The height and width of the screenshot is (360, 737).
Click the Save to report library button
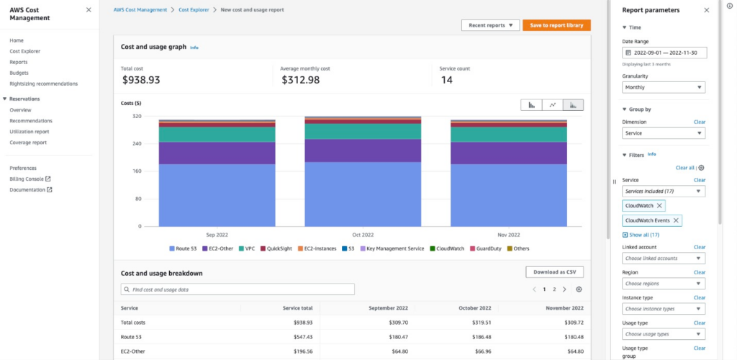[x=556, y=25]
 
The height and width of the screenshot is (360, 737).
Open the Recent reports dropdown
[x=490, y=25]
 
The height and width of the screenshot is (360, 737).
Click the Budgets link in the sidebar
[x=19, y=73]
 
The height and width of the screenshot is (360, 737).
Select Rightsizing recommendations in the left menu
[x=43, y=84]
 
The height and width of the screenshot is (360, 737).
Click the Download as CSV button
[x=554, y=272]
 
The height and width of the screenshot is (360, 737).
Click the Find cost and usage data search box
[x=238, y=289]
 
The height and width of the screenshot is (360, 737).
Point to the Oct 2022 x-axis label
[x=363, y=235]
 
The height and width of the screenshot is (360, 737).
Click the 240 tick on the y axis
[x=136, y=144]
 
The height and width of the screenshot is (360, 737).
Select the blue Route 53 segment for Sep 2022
[x=217, y=194]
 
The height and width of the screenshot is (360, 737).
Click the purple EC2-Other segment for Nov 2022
[x=508, y=153]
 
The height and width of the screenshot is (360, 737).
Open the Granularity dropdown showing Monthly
[x=663, y=87]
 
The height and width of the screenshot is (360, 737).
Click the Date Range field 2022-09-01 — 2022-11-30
[x=664, y=53]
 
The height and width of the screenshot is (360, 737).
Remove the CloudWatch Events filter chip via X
[x=676, y=220]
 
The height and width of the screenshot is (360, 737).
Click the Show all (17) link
[x=644, y=235]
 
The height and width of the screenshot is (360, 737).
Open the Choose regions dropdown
[x=663, y=284]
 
